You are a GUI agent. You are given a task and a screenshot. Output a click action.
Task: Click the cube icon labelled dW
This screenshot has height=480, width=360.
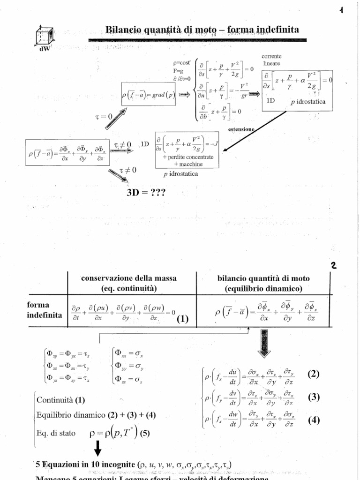tap(45, 37)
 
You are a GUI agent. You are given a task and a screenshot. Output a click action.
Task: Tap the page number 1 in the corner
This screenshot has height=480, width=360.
tap(342, 12)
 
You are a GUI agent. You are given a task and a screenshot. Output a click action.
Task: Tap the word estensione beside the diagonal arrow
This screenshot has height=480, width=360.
tap(242, 128)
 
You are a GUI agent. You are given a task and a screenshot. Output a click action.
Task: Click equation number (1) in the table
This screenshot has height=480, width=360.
tap(182, 320)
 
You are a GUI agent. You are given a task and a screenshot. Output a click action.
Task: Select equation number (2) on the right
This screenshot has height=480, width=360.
tap(313, 374)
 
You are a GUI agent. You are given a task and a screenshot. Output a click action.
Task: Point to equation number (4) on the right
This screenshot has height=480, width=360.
tap(313, 420)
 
